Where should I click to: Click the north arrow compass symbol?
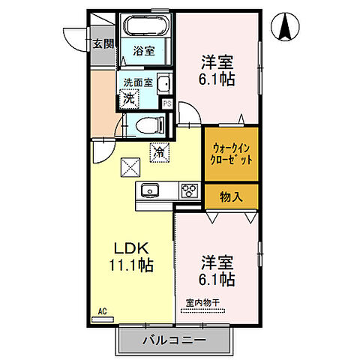tap(286, 28)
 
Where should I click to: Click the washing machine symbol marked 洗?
tap(130, 97)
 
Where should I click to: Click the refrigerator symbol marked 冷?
tap(159, 151)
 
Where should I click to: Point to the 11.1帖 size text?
tap(133, 266)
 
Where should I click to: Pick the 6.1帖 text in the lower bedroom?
tap(217, 280)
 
